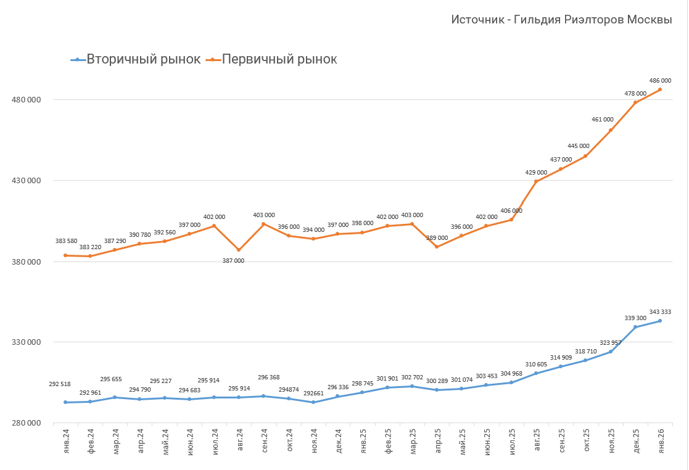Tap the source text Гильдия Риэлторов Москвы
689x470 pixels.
(x=561, y=20)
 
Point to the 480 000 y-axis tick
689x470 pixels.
(x=25, y=100)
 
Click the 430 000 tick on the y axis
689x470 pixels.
(x=25, y=181)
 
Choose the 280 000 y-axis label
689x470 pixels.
(x=25, y=423)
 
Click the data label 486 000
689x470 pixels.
(x=660, y=81)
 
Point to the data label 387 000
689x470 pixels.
(x=233, y=261)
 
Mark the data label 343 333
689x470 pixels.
(x=660, y=312)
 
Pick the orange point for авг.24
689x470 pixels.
(x=239, y=250)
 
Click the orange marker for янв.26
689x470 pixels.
(x=660, y=89)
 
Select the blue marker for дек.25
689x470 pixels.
(x=635, y=327)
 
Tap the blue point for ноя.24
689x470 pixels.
(x=313, y=402)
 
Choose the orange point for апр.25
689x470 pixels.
(x=437, y=247)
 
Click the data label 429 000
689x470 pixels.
(x=535, y=173)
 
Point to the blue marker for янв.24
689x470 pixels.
(x=65, y=402)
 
